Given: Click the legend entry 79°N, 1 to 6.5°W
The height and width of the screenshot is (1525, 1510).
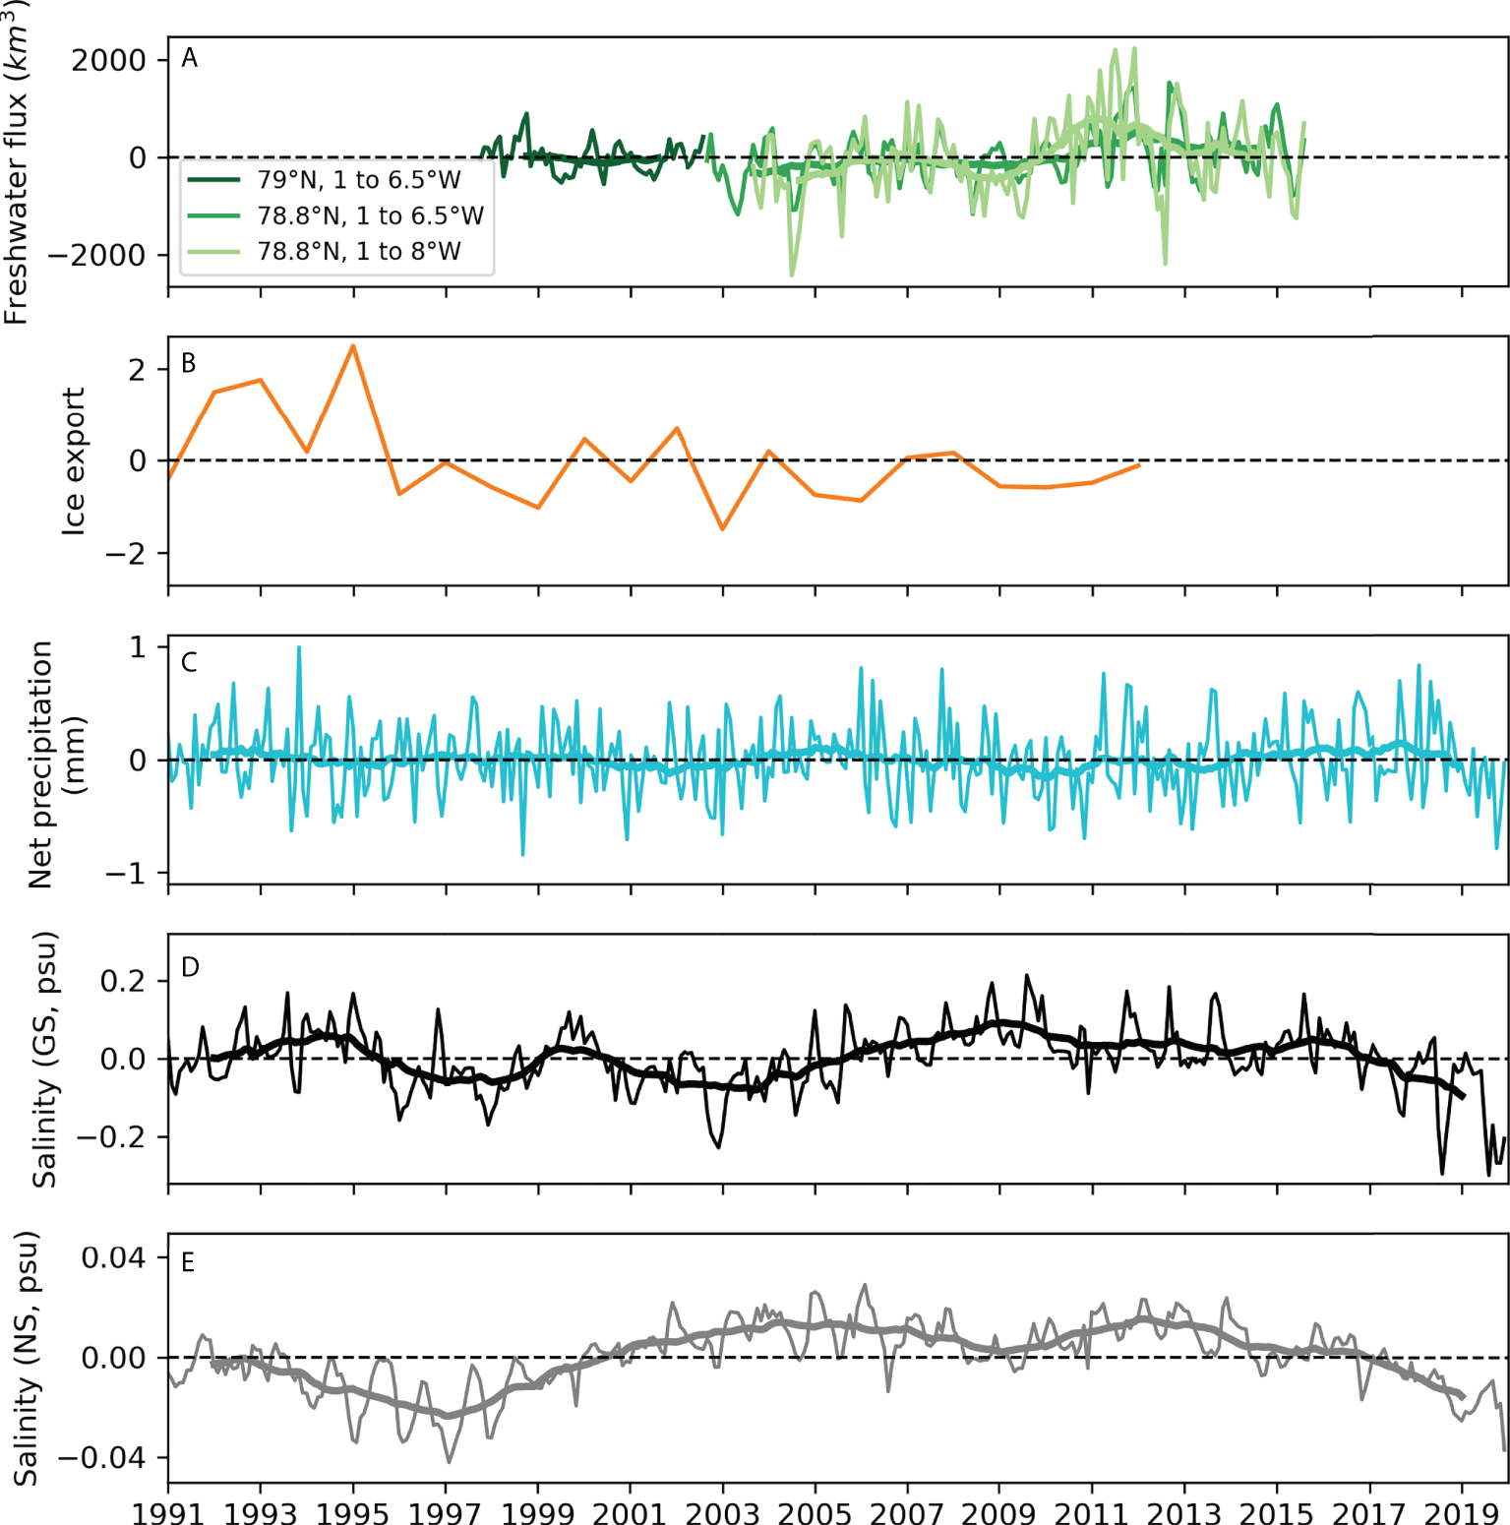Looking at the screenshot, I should (358, 180).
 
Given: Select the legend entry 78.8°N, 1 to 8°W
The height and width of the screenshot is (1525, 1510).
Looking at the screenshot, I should (358, 252).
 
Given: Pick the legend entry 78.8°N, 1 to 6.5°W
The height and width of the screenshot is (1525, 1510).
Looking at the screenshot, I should (370, 215).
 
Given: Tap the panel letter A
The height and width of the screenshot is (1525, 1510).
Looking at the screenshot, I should (190, 59).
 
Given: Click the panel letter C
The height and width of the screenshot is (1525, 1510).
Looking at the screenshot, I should (190, 662).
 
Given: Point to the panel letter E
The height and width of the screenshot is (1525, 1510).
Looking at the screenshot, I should (189, 1262).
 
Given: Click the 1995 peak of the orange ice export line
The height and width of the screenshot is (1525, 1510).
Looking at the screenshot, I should (353, 346).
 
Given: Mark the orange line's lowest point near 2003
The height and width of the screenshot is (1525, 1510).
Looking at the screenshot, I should (723, 529).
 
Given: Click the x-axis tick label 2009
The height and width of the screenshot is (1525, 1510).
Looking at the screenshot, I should (999, 1512).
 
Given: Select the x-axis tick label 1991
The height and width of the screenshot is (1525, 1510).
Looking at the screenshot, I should (168, 1512).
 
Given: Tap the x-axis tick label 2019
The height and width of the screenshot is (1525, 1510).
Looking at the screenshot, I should (1462, 1512).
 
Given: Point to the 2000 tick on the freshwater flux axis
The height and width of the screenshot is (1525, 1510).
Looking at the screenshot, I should (108, 61).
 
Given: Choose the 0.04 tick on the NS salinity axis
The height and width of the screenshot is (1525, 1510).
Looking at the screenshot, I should (113, 1258).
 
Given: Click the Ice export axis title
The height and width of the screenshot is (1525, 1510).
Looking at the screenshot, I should (74, 460).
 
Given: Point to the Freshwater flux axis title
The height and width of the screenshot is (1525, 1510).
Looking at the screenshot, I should (17, 162).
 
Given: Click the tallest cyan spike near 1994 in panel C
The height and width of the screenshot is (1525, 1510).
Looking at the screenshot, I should (299, 647).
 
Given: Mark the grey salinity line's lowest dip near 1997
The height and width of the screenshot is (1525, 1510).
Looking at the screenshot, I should (450, 1461).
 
